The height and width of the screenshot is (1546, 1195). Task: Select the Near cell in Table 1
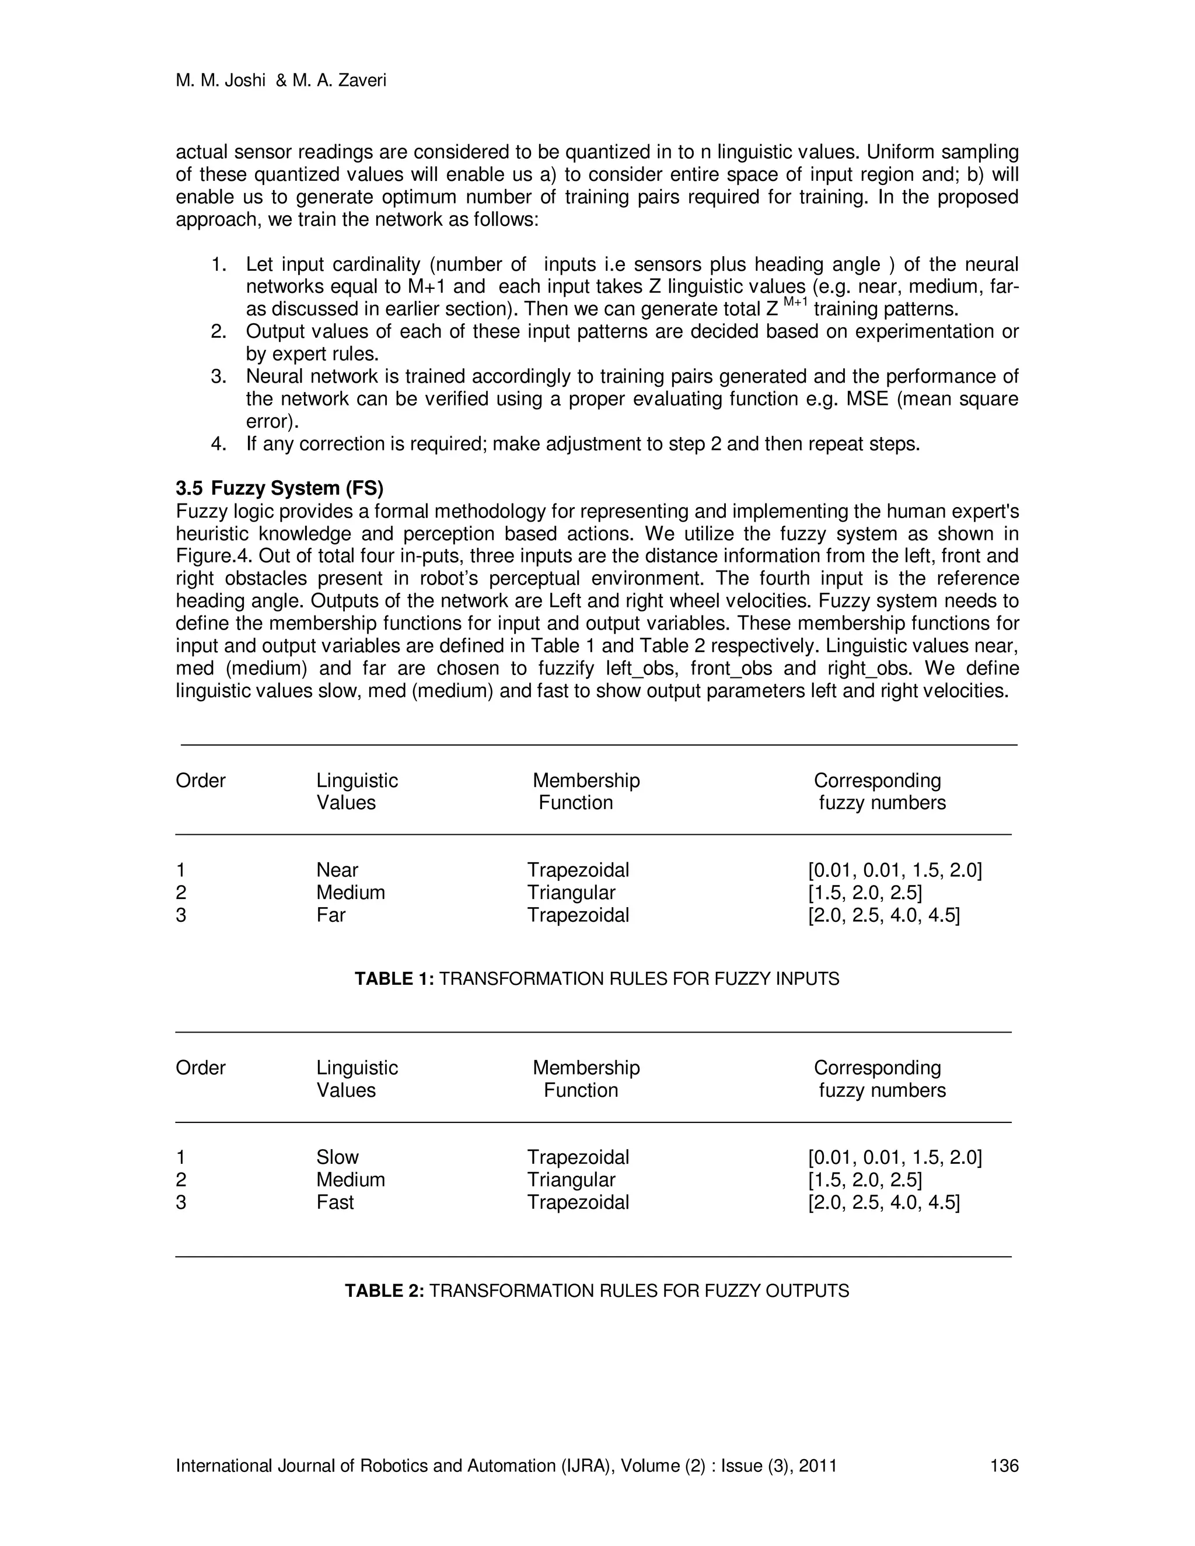tap(337, 870)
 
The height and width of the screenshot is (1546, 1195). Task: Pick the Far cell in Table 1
tap(331, 915)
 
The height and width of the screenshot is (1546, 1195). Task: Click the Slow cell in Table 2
tap(337, 1157)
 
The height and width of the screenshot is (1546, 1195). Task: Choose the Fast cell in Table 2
tap(335, 1203)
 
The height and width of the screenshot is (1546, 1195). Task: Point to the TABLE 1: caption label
tap(394, 979)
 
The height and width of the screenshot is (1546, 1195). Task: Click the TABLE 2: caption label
tap(384, 1291)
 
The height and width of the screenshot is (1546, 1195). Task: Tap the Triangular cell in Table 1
tap(571, 893)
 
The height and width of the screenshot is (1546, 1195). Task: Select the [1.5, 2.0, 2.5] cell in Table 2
tap(864, 1180)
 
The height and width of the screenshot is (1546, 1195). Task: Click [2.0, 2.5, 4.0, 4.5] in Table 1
tap(883, 915)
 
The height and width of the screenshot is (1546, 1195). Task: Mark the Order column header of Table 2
tap(200, 1068)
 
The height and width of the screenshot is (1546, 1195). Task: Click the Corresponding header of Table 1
tap(877, 781)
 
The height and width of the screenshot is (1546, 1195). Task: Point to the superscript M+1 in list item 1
tap(795, 302)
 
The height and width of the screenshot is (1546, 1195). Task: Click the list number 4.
tap(218, 445)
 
